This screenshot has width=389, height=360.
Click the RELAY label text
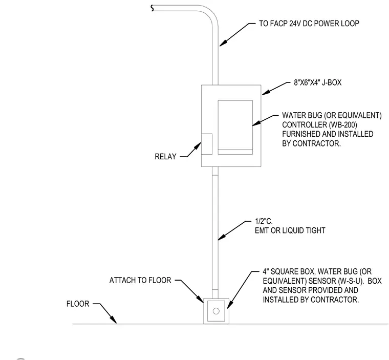pos(165,156)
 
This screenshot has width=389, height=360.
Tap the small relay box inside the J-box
pos(207,144)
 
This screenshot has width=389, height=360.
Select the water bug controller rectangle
pos(235,128)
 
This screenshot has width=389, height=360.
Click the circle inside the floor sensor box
pos(216,311)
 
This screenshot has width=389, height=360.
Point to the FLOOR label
pos(78,304)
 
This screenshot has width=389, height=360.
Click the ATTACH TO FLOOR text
pos(140,280)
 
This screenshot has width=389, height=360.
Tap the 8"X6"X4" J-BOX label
pos(317,82)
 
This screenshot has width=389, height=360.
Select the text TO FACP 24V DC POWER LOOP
pos(309,24)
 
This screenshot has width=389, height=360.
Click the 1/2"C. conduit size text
pos(264,221)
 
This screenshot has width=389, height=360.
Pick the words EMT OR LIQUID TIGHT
pos(290,230)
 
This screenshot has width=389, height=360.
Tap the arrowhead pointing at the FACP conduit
pos(223,43)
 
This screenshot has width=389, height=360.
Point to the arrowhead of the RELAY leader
pos(198,146)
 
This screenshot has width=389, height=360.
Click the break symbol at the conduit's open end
pos(152,8)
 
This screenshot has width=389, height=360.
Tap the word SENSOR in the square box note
pos(322,281)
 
